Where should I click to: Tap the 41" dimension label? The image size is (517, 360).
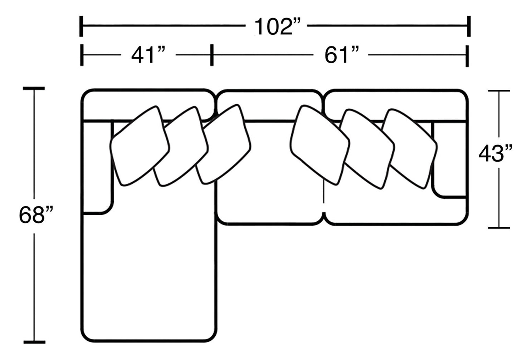pos(148,55)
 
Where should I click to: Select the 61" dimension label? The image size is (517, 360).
pos(341,55)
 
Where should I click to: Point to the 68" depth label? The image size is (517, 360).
pos(36,215)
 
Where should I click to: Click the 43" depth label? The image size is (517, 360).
pos(495,153)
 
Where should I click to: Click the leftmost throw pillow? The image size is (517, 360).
pos(140,146)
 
